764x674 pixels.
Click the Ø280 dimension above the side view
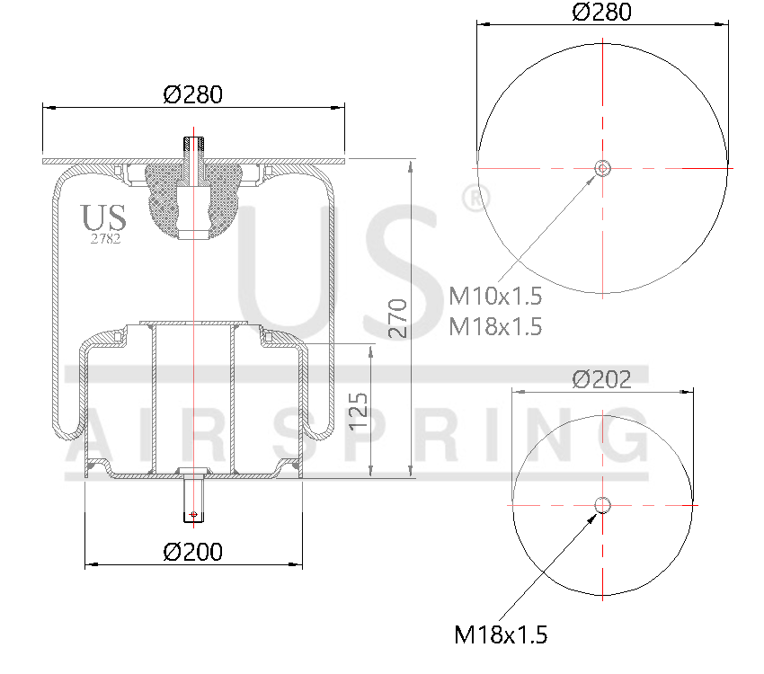(x=192, y=93)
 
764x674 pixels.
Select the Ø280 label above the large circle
(x=601, y=12)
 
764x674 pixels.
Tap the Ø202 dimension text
(x=602, y=378)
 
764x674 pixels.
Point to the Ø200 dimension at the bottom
(x=193, y=551)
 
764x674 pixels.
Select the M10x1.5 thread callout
(x=495, y=296)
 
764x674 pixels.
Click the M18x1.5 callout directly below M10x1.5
(x=495, y=325)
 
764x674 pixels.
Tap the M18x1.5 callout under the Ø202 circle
(x=501, y=635)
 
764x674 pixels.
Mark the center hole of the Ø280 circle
(x=602, y=168)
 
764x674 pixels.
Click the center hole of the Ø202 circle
(x=602, y=505)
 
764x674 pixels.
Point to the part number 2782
(x=105, y=238)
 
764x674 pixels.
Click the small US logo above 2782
(x=104, y=217)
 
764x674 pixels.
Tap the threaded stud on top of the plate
(x=194, y=148)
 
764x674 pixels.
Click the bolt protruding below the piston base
(x=193, y=501)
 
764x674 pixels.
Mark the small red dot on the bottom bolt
(x=193, y=514)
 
